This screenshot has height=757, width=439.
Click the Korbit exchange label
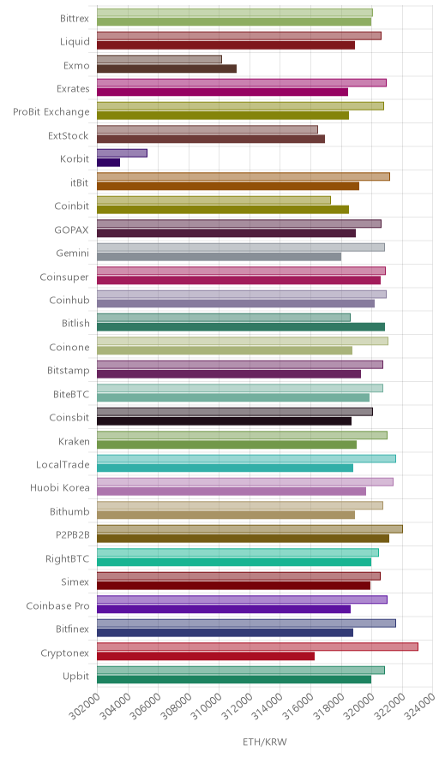[75, 158]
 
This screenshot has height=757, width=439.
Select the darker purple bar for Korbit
[108, 163]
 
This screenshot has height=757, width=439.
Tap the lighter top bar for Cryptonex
[257, 647]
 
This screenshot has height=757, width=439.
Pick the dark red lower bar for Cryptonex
[206, 656]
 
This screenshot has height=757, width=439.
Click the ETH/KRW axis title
[264, 742]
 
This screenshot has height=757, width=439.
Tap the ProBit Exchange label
[51, 112]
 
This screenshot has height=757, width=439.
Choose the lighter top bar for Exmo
[159, 59]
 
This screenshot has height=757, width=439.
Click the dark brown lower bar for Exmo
[167, 69]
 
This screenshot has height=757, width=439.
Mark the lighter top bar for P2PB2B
[250, 528]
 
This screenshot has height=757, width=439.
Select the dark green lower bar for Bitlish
[241, 327]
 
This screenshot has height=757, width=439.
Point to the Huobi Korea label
[60, 487]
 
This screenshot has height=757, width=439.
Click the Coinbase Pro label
[58, 605]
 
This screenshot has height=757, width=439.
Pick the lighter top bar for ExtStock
[207, 129]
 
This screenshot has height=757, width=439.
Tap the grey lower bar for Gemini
[219, 257]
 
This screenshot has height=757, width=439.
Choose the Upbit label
[76, 677]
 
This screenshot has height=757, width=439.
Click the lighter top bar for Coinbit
[213, 200]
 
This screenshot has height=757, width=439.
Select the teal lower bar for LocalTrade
[225, 468]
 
